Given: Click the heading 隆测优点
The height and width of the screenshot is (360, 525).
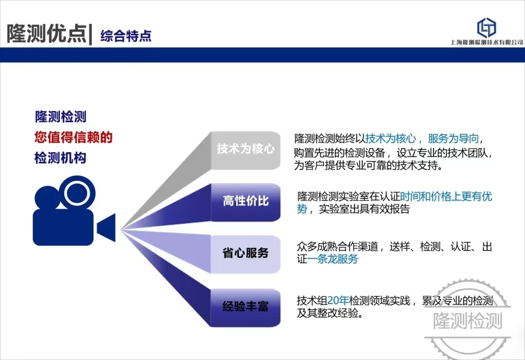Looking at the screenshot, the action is [x=47, y=34].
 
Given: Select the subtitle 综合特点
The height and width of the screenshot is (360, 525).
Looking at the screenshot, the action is [x=126, y=36].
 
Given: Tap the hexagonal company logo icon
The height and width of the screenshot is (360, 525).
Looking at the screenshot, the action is [x=486, y=27].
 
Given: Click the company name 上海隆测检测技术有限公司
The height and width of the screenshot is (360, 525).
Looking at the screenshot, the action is [x=487, y=42].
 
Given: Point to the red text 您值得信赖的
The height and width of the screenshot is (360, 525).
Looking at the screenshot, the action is [x=73, y=137].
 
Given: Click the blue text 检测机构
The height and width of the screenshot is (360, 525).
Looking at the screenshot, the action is [x=60, y=158].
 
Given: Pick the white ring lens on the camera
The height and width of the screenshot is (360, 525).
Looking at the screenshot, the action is [x=77, y=193].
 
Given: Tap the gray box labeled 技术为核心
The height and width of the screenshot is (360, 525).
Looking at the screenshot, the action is [x=245, y=150].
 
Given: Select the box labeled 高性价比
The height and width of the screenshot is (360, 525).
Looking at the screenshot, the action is [x=245, y=202].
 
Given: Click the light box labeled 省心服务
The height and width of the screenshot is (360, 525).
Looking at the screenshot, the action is [x=245, y=254].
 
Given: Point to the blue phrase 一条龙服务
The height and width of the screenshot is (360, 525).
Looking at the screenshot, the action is [x=333, y=259].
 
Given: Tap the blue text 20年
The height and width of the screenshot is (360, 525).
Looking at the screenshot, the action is [x=338, y=300].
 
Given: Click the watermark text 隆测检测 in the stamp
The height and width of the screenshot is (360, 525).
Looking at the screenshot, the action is [x=468, y=321].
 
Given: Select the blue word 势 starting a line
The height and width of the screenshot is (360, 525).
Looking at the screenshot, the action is [x=302, y=209].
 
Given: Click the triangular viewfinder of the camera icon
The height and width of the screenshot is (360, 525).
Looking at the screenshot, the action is [x=106, y=228].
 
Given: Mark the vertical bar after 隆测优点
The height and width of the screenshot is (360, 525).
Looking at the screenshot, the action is [x=90, y=34].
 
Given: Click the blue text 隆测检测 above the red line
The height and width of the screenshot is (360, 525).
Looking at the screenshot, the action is [x=61, y=117].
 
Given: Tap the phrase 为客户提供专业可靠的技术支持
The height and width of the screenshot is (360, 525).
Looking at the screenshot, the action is [x=368, y=165].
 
